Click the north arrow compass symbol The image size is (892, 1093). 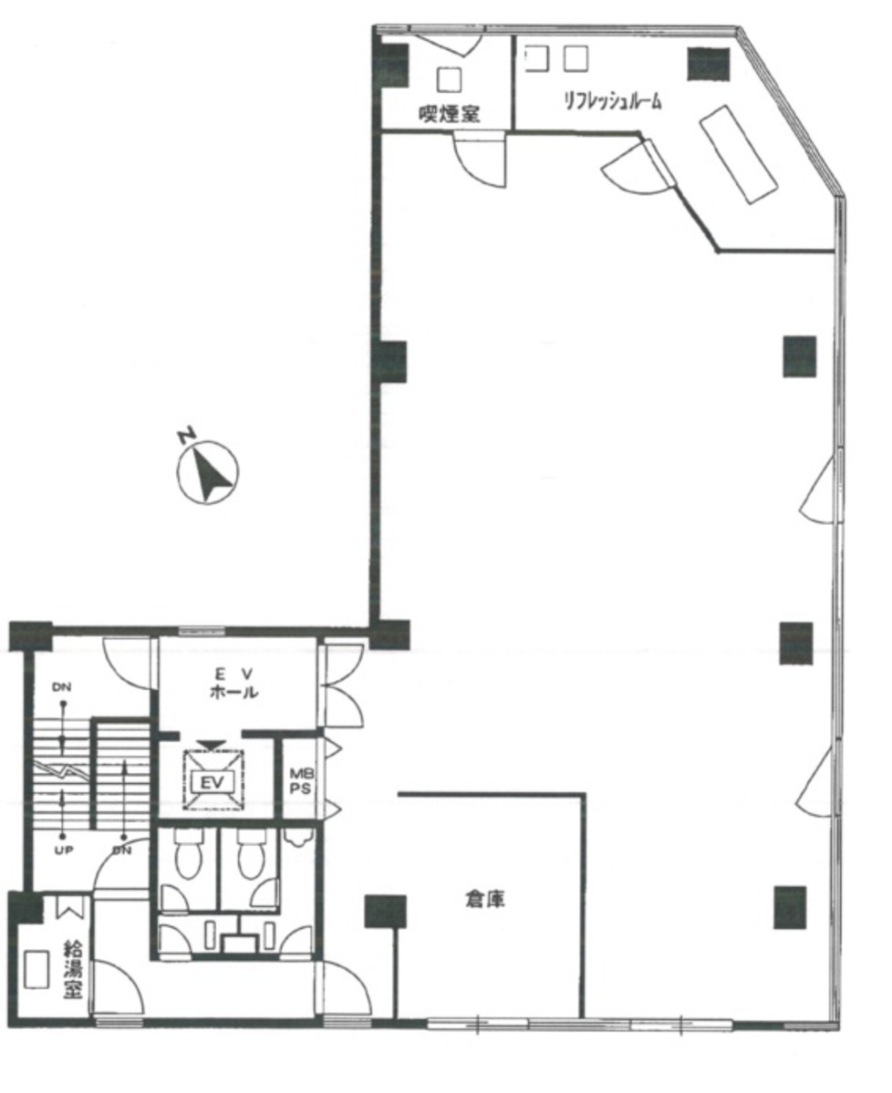(x=207, y=471)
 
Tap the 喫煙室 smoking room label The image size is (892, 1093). (x=449, y=114)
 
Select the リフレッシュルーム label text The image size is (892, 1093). (x=613, y=102)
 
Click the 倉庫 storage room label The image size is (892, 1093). (x=484, y=899)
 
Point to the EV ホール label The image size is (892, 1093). (x=233, y=683)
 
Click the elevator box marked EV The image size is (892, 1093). (x=213, y=780)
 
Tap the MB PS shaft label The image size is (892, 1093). (x=301, y=780)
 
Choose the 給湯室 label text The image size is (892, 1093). (x=73, y=969)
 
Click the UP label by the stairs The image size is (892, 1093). (x=64, y=851)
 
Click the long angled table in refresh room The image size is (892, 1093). (x=739, y=154)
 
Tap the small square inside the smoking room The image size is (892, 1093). (x=449, y=78)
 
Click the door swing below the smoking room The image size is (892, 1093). (x=479, y=160)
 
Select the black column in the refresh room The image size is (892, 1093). (x=708, y=64)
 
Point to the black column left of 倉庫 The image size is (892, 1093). (x=385, y=911)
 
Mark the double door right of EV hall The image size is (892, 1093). (x=342, y=686)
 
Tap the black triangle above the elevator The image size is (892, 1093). (x=212, y=745)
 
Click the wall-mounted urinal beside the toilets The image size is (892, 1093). (x=299, y=837)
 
